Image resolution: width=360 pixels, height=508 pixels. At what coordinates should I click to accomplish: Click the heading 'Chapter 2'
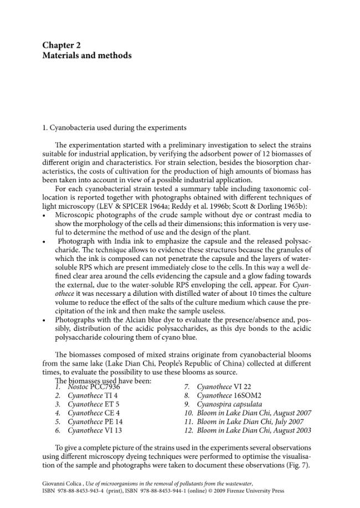coord(61,45)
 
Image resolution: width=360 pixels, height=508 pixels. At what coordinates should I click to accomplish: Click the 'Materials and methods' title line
coord(87,55)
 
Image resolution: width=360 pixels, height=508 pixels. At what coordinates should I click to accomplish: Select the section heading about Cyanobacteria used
coord(114,127)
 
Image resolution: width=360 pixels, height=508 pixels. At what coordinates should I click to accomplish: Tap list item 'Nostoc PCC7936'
coord(94,387)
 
